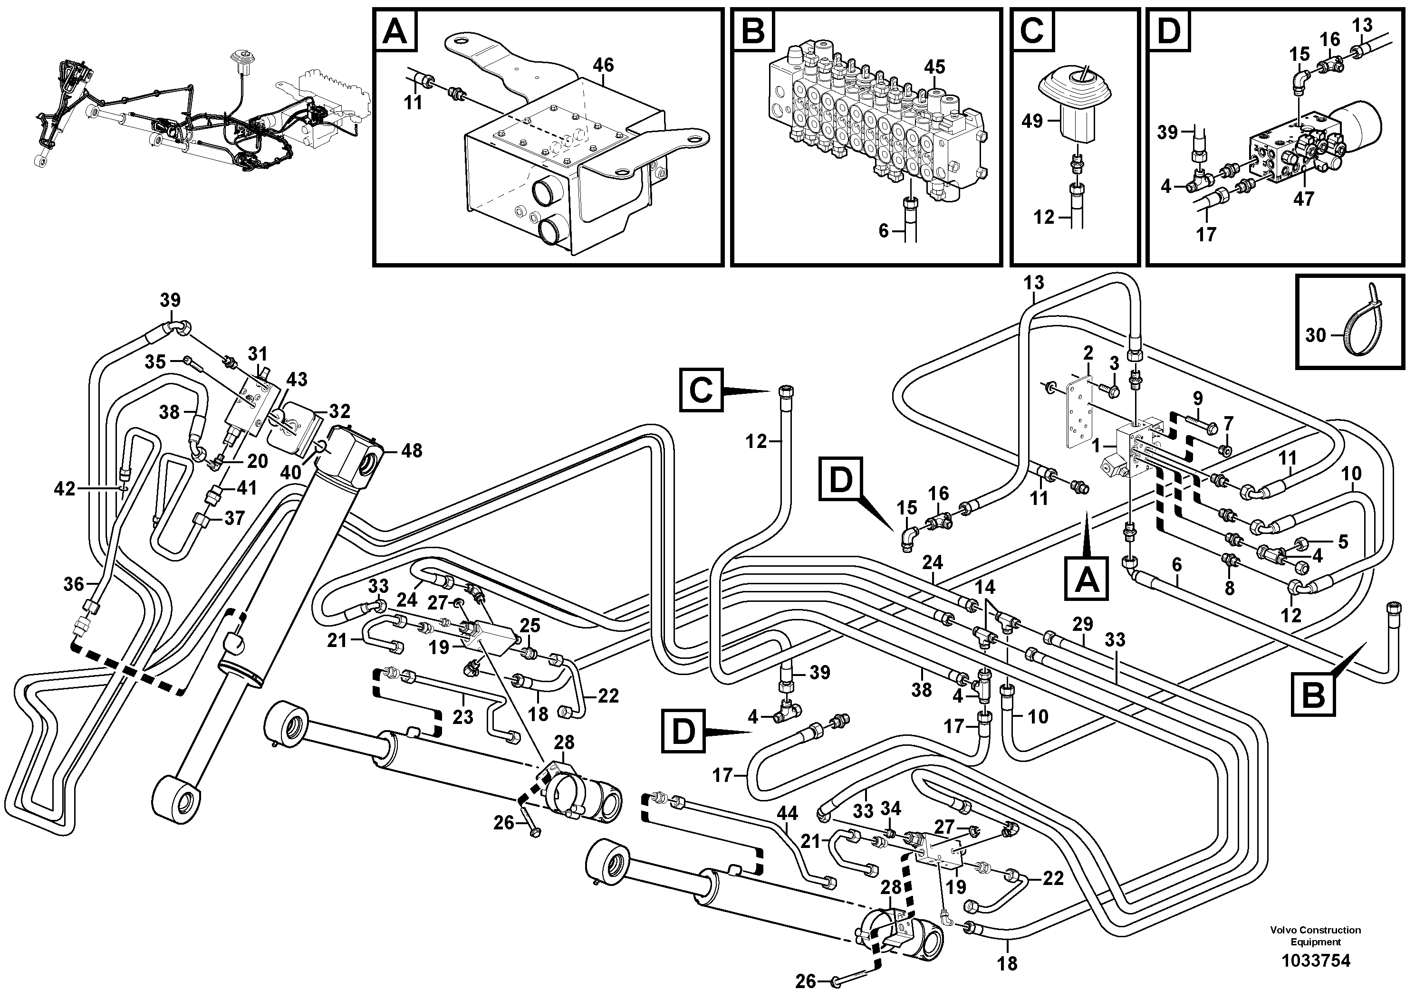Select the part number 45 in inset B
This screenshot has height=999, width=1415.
pyautogui.click(x=934, y=67)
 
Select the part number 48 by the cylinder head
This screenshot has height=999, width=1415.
pyautogui.click(x=412, y=451)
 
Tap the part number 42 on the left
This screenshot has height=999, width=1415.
pyautogui.click(x=65, y=489)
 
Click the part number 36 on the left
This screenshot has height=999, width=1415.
pyautogui.click(x=73, y=584)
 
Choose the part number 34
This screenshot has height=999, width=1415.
pyautogui.click(x=891, y=808)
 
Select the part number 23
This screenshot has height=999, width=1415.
pyautogui.click(x=463, y=717)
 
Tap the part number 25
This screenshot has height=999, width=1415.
pyautogui.click(x=530, y=626)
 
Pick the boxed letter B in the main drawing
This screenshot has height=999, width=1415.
pyautogui.click(x=1313, y=696)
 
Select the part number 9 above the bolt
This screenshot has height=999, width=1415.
pyautogui.click(x=1197, y=398)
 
